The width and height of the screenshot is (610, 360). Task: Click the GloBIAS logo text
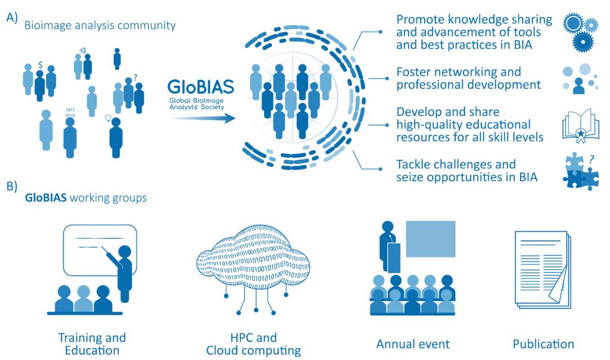[201, 87]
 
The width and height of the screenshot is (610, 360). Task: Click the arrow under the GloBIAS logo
[203, 118]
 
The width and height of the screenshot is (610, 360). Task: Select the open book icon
[580, 126]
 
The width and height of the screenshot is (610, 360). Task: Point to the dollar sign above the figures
[40, 65]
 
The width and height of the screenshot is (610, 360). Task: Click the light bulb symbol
[108, 117]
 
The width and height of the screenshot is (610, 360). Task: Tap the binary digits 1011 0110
[70, 113]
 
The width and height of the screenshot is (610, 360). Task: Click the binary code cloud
[253, 269]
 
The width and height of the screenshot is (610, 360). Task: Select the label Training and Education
[92, 344]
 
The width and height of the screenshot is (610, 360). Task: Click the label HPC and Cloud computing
[253, 344]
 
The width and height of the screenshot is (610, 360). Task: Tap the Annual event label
[413, 344]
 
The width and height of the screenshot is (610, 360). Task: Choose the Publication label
[543, 344]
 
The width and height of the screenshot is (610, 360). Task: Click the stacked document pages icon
[543, 269]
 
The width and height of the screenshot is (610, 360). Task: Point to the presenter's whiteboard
[100, 250]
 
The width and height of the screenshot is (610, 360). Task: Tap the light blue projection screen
[431, 239]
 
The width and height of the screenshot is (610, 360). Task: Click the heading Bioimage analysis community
[100, 25]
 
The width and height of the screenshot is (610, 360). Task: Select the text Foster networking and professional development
[468, 78]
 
